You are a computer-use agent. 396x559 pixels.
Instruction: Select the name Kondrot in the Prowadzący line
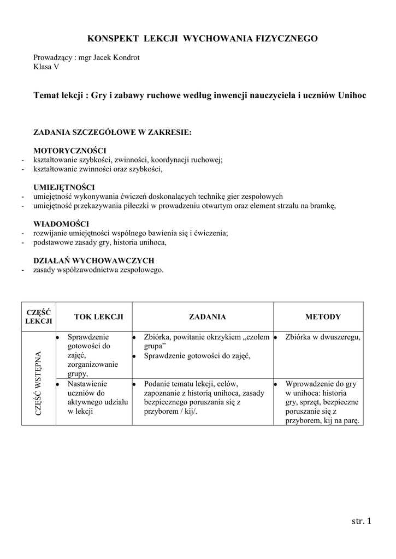[127, 58]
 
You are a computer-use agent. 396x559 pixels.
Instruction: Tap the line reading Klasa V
[46, 67]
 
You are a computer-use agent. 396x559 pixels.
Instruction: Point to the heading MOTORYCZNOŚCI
[70, 151]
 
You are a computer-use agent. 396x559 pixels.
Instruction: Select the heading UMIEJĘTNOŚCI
[64, 187]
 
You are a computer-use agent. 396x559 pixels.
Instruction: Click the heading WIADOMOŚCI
[62, 224]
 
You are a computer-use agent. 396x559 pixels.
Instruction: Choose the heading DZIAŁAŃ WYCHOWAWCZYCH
[94, 260]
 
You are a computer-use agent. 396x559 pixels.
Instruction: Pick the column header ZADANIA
[208, 317]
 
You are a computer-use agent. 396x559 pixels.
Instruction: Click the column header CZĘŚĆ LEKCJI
[38, 317]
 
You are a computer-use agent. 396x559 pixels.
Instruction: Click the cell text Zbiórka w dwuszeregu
[323, 337]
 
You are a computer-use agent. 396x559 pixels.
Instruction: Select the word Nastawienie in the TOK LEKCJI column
[87, 384]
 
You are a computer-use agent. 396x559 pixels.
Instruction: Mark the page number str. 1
[362, 522]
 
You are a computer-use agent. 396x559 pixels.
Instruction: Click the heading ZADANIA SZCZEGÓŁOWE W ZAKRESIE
[113, 132]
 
